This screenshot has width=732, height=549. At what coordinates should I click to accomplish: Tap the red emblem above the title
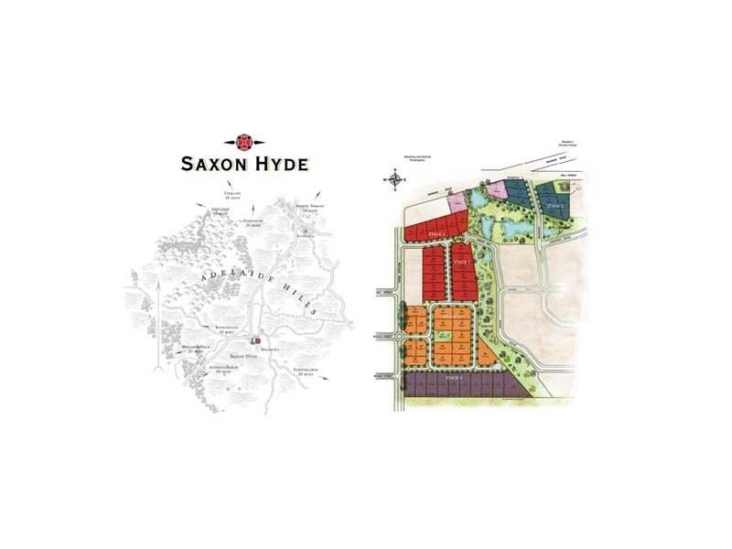(x=244, y=143)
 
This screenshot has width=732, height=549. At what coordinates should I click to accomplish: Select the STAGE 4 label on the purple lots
(x=448, y=377)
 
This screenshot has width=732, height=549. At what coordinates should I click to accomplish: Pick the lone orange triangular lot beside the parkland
(x=490, y=352)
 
